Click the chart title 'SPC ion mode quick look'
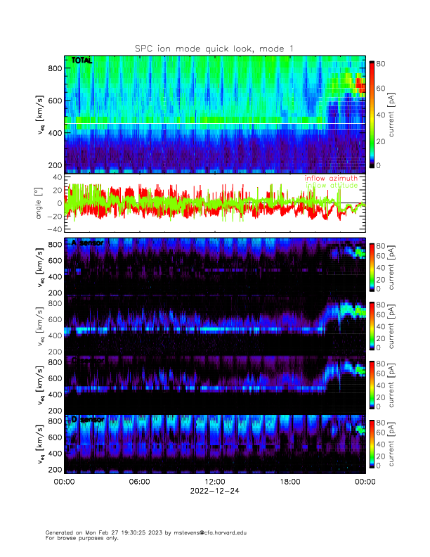pyautogui.click(x=214, y=48)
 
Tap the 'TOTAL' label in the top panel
pyautogui.click(x=82, y=61)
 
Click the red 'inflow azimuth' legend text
pyautogui.click(x=331, y=179)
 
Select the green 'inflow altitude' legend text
pyautogui.click(x=331, y=186)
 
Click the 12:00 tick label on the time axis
pyautogui.click(x=214, y=482)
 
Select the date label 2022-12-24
pyautogui.click(x=214, y=492)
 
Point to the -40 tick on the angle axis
pyautogui.click(x=54, y=229)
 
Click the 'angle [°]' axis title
pyautogui.click(x=40, y=203)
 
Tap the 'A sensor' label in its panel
pyautogui.click(x=88, y=243)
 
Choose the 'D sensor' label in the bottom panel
pyautogui.click(x=88, y=419)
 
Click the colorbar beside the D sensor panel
pyautogui.click(x=372, y=443)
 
